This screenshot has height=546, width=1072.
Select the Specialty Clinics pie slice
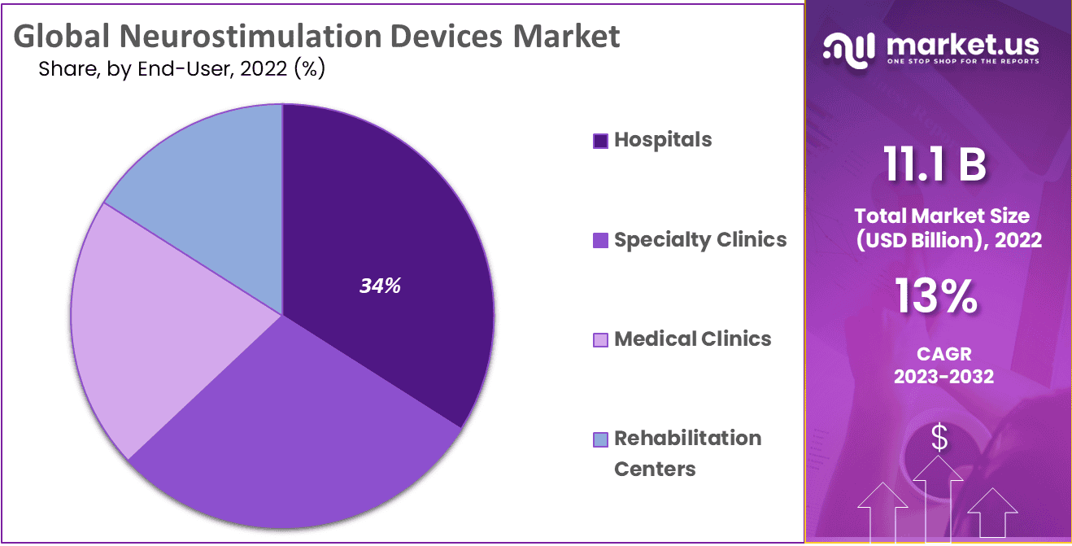click(x=301, y=423)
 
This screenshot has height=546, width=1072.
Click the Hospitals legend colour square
click(x=601, y=141)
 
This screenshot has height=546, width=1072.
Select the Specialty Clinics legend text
click(x=700, y=239)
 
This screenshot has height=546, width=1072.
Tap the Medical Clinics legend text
click(x=692, y=339)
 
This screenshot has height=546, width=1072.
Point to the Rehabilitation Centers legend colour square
click(x=601, y=440)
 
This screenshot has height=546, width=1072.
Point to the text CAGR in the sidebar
click(x=943, y=355)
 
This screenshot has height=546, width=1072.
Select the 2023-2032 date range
click(x=943, y=377)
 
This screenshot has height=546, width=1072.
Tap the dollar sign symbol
click(x=939, y=439)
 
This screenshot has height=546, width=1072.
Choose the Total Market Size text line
click(x=942, y=216)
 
